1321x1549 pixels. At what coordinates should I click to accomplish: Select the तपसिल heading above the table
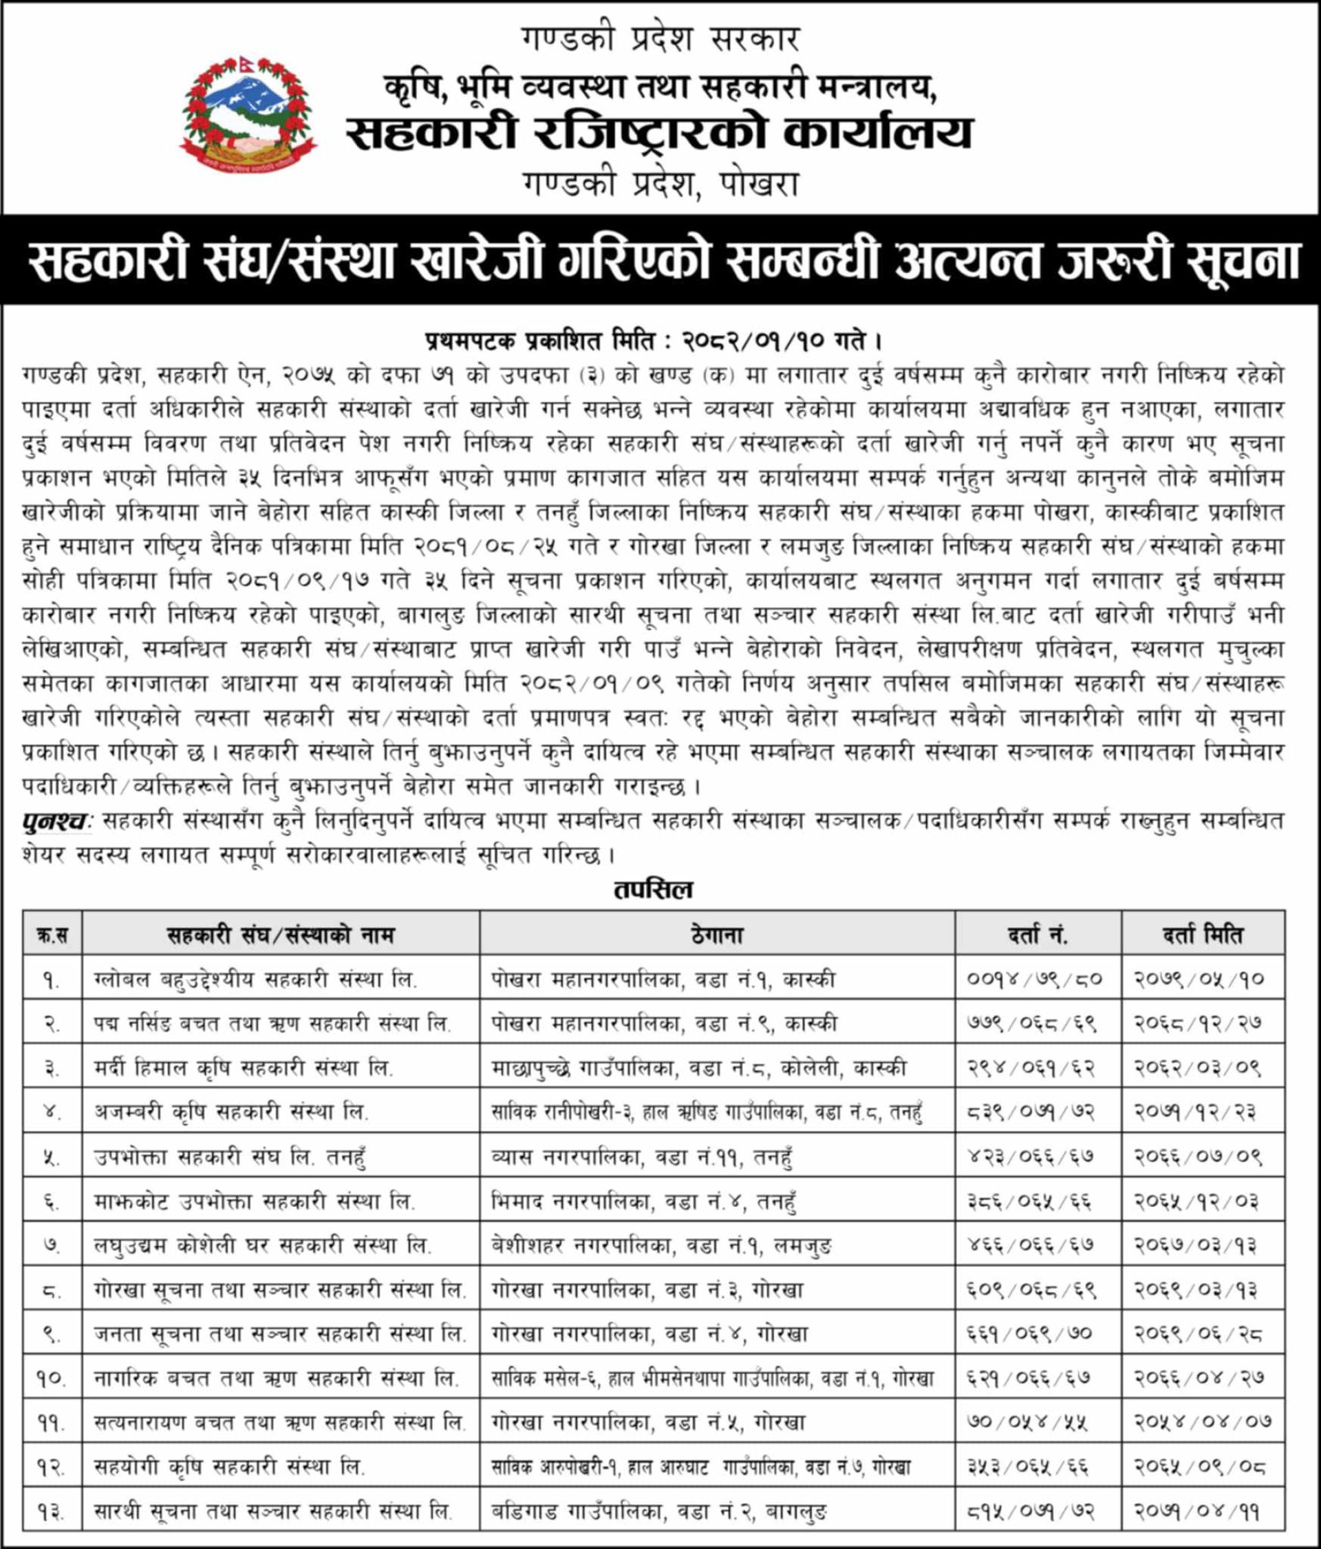pos(654,889)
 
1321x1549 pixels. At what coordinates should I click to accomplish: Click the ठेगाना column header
pos(716,935)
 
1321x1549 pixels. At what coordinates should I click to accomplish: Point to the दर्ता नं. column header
pos(1038,935)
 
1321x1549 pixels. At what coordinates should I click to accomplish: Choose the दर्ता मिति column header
pos(1202,935)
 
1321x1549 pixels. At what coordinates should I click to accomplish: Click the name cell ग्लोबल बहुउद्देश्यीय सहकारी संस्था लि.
pos(256,979)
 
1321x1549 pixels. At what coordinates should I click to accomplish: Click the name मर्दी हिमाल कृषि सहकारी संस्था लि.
pos(244,1068)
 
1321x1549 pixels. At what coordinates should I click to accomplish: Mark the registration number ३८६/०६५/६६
pos(1028,1202)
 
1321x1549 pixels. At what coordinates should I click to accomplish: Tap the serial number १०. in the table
pos(52,1378)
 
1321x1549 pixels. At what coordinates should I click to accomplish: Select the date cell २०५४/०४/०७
pos(1203,1422)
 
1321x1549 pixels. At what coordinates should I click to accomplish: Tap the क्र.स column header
pos(52,935)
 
